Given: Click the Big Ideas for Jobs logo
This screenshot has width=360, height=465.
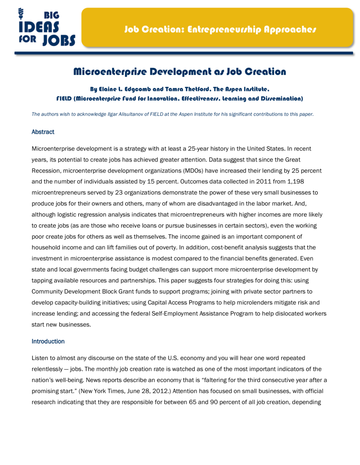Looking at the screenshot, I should coord(47,28).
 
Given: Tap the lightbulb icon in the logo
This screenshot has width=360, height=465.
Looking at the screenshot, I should coord(21,14).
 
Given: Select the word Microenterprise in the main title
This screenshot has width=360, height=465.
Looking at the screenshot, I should coord(110,72).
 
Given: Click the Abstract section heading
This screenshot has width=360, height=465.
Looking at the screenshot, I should coord(43,132).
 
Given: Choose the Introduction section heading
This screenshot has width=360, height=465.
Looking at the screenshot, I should coord(48,341).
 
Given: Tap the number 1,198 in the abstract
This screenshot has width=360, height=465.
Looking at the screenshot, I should coord(295,181).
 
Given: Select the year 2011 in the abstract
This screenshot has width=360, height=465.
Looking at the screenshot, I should coord(263,181).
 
